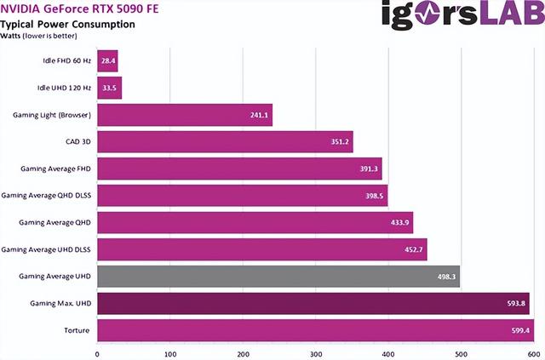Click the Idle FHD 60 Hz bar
point(107,60)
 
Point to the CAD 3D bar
point(225,141)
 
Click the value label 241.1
point(259,115)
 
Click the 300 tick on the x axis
point(316,352)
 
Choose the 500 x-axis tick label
point(461,352)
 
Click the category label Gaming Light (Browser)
point(51,114)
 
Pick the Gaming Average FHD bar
point(239,169)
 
